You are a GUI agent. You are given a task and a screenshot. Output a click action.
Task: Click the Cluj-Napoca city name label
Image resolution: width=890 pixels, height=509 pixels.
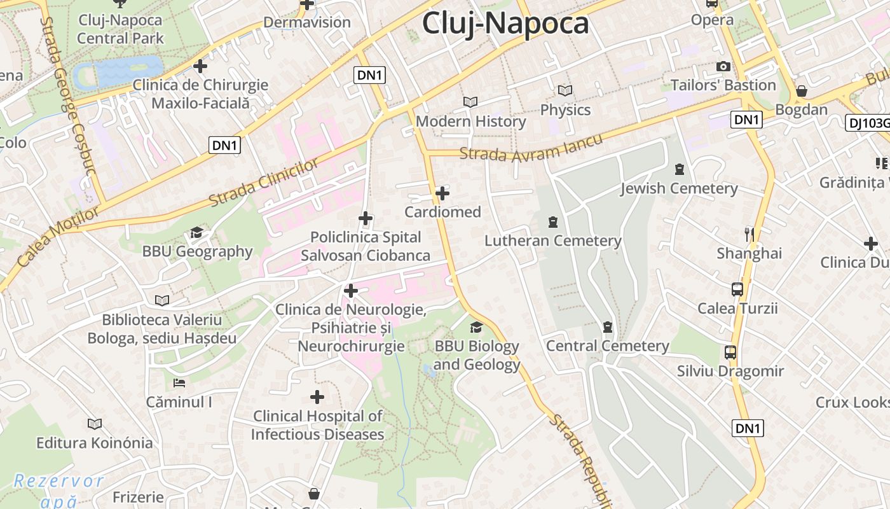click(x=505, y=24)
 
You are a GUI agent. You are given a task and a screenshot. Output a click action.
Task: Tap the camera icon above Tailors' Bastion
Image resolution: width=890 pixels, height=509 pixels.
click(x=723, y=66)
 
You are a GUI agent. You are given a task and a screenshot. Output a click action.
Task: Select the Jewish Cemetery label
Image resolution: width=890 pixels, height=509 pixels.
click(x=679, y=188)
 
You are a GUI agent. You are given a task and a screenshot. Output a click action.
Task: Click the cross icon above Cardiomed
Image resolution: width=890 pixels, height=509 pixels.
click(x=442, y=193)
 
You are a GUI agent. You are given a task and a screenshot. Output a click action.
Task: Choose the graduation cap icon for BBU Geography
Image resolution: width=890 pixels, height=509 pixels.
click(x=196, y=233)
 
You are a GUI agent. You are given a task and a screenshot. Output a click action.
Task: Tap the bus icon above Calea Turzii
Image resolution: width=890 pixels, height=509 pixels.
click(x=737, y=289)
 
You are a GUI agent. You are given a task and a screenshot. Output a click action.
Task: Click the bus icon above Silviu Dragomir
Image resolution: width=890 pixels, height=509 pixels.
click(x=730, y=352)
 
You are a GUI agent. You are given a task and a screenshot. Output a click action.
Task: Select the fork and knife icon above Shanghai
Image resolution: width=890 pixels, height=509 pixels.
click(x=750, y=235)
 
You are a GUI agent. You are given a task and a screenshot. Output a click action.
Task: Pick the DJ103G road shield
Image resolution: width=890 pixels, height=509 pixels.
click(x=868, y=123)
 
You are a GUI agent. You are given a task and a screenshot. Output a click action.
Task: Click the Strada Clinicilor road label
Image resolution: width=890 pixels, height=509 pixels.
click(x=264, y=183)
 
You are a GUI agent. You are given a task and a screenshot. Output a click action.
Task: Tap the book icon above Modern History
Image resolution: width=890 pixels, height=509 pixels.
click(x=470, y=102)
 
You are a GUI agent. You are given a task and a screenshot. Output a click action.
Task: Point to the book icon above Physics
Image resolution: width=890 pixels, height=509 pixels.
click(x=565, y=90)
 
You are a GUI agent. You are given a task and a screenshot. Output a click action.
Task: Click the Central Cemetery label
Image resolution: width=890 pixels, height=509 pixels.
click(x=607, y=346)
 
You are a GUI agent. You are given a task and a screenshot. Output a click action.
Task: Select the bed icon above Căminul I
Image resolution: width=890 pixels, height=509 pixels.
click(x=179, y=383)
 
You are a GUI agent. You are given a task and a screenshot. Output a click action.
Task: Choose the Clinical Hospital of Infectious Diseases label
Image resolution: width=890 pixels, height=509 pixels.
click(x=317, y=425)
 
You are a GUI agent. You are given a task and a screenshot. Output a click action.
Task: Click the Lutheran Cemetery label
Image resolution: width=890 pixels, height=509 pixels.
click(x=552, y=241)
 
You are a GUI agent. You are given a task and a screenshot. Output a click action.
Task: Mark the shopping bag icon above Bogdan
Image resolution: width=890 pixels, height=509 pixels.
click(x=802, y=91)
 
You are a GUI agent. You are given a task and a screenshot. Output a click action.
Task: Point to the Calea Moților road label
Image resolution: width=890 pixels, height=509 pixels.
click(x=49, y=236)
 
